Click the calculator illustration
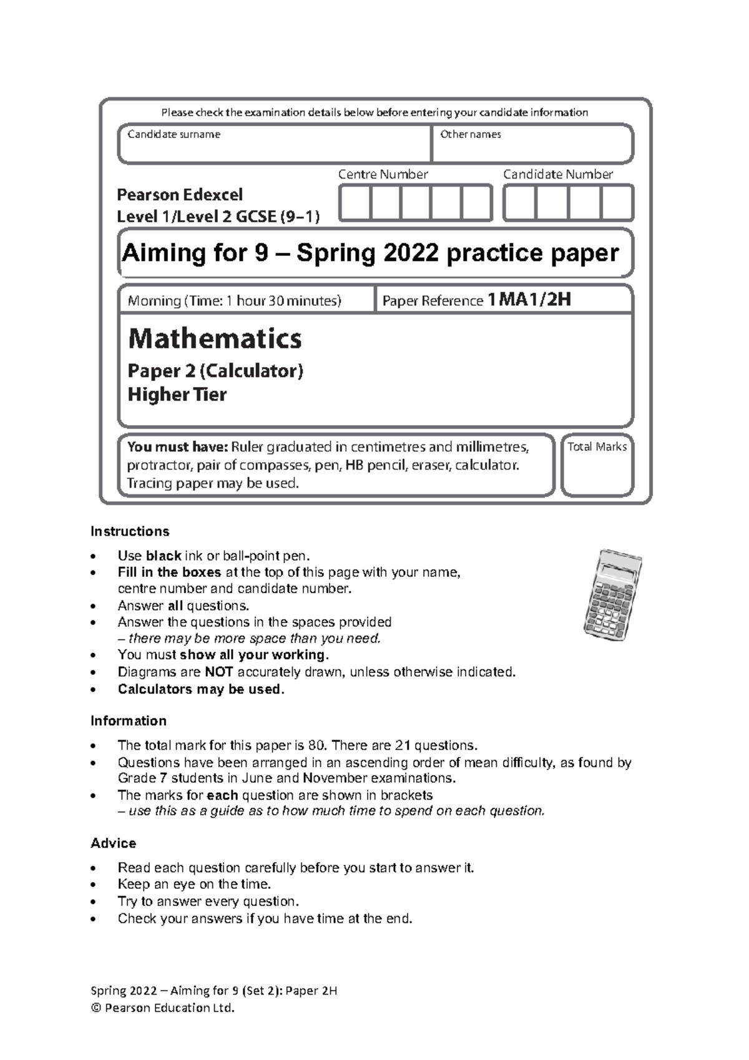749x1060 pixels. (x=612, y=594)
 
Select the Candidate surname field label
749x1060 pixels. (x=174, y=134)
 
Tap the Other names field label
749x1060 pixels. (x=470, y=134)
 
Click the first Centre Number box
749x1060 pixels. (x=355, y=204)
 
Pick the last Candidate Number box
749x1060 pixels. (x=617, y=204)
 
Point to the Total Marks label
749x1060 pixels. (x=597, y=447)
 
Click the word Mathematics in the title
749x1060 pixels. (x=215, y=339)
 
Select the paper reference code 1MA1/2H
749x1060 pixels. (x=529, y=300)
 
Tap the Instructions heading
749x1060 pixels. (x=130, y=532)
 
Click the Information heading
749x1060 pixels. (x=129, y=721)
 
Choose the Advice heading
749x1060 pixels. (x=113, y=843)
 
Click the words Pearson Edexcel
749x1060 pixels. (x=180, y=195)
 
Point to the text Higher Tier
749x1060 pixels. (x=177, y=395)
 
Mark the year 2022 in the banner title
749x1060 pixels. (x=409, y=253)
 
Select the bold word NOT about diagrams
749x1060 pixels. (x=218, y=672)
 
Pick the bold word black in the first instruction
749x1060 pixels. (x=163, y=556)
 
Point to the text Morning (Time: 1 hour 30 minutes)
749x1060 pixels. (x=235, y=301)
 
